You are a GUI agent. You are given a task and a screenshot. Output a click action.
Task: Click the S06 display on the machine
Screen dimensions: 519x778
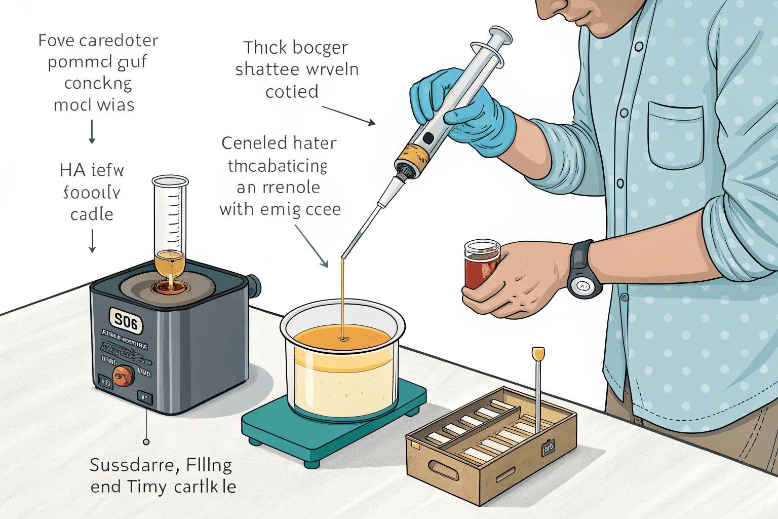(126, 321)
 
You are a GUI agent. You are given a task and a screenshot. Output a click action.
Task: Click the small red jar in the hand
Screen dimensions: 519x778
(481, 264)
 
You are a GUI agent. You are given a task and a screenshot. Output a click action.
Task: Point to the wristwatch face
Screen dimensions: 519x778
(583, 287)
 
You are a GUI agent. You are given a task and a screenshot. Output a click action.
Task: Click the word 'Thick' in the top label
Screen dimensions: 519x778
(265, 48)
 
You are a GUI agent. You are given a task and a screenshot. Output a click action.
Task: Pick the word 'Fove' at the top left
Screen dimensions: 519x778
(56, 41)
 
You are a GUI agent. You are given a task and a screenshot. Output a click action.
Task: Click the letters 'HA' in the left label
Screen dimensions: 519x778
(72, 170)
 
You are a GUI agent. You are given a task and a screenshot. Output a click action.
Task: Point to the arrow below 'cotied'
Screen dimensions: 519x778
(349, 116)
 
